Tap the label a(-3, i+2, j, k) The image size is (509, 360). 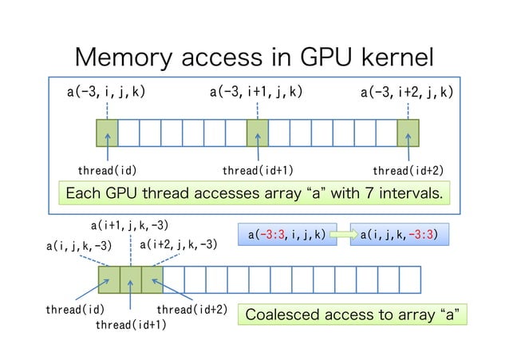[x=407, y=93]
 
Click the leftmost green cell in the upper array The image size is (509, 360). [x=106, y=132]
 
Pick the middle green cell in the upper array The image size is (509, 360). [x=257, y=132]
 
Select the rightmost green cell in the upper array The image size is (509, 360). [x=408, y=132]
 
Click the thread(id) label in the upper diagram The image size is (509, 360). [x=106, y=170]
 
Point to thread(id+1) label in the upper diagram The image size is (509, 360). [x=257, y=170]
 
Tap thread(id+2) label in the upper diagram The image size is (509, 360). [x=408, y=170]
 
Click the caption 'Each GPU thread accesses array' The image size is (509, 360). [x=254, y=193]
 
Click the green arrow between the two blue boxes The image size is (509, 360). [x=343, y=235]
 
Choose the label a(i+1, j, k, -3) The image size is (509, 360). [x=129, y=226]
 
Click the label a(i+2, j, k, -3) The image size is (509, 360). [x=178, y=244]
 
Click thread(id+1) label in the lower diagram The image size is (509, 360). [x=131, y=325]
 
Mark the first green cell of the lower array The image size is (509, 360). [x=109, y=279]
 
